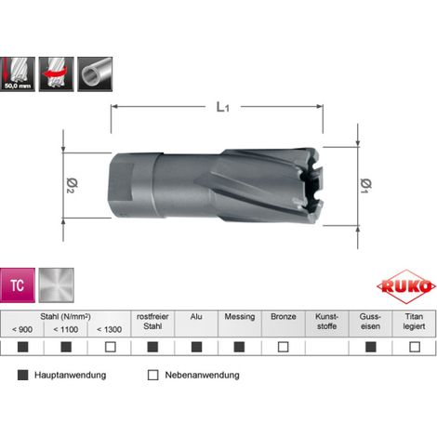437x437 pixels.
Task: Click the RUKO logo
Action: (405, 286)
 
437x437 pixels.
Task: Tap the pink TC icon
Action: (18, 285)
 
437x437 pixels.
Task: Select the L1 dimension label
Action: (222, 107)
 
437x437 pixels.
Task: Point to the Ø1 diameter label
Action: (366, 186)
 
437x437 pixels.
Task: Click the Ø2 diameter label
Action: (72, 185)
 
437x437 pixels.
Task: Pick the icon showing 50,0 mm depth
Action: (18, 74)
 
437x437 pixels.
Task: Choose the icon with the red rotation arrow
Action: (57, 74)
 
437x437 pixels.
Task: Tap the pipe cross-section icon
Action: (95, 74)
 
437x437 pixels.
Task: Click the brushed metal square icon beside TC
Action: (57, 285)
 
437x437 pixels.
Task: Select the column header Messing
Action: (240, 317)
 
